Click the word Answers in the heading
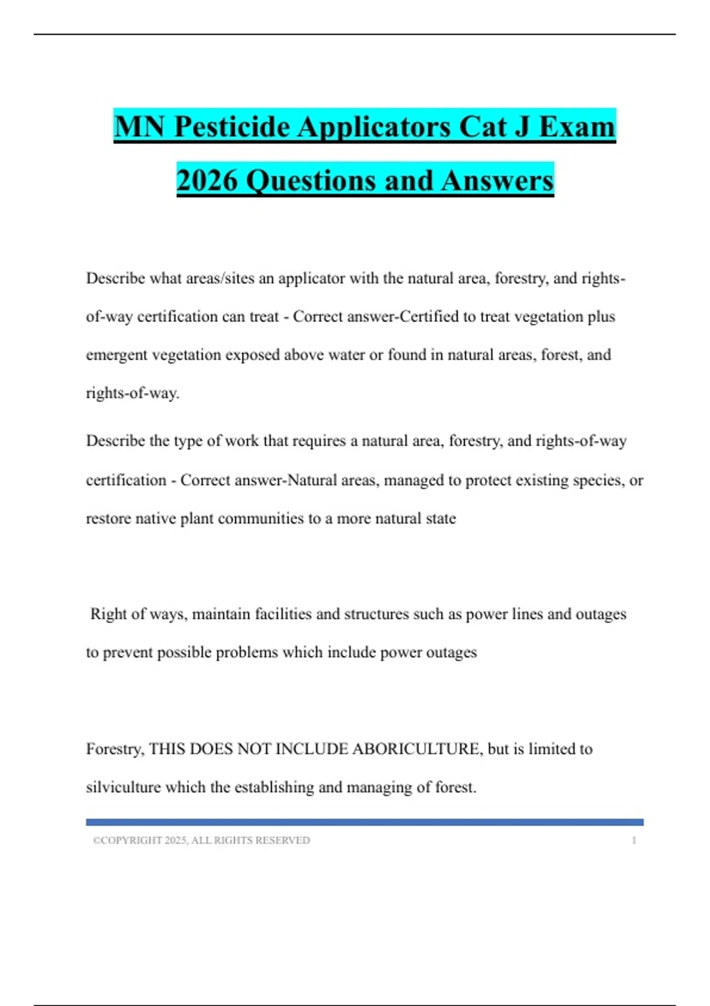click(497, 180)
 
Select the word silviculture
click(123, 788)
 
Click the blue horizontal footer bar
click(364, 822)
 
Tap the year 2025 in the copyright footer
click(176, 840)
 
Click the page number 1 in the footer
click(634, 840)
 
